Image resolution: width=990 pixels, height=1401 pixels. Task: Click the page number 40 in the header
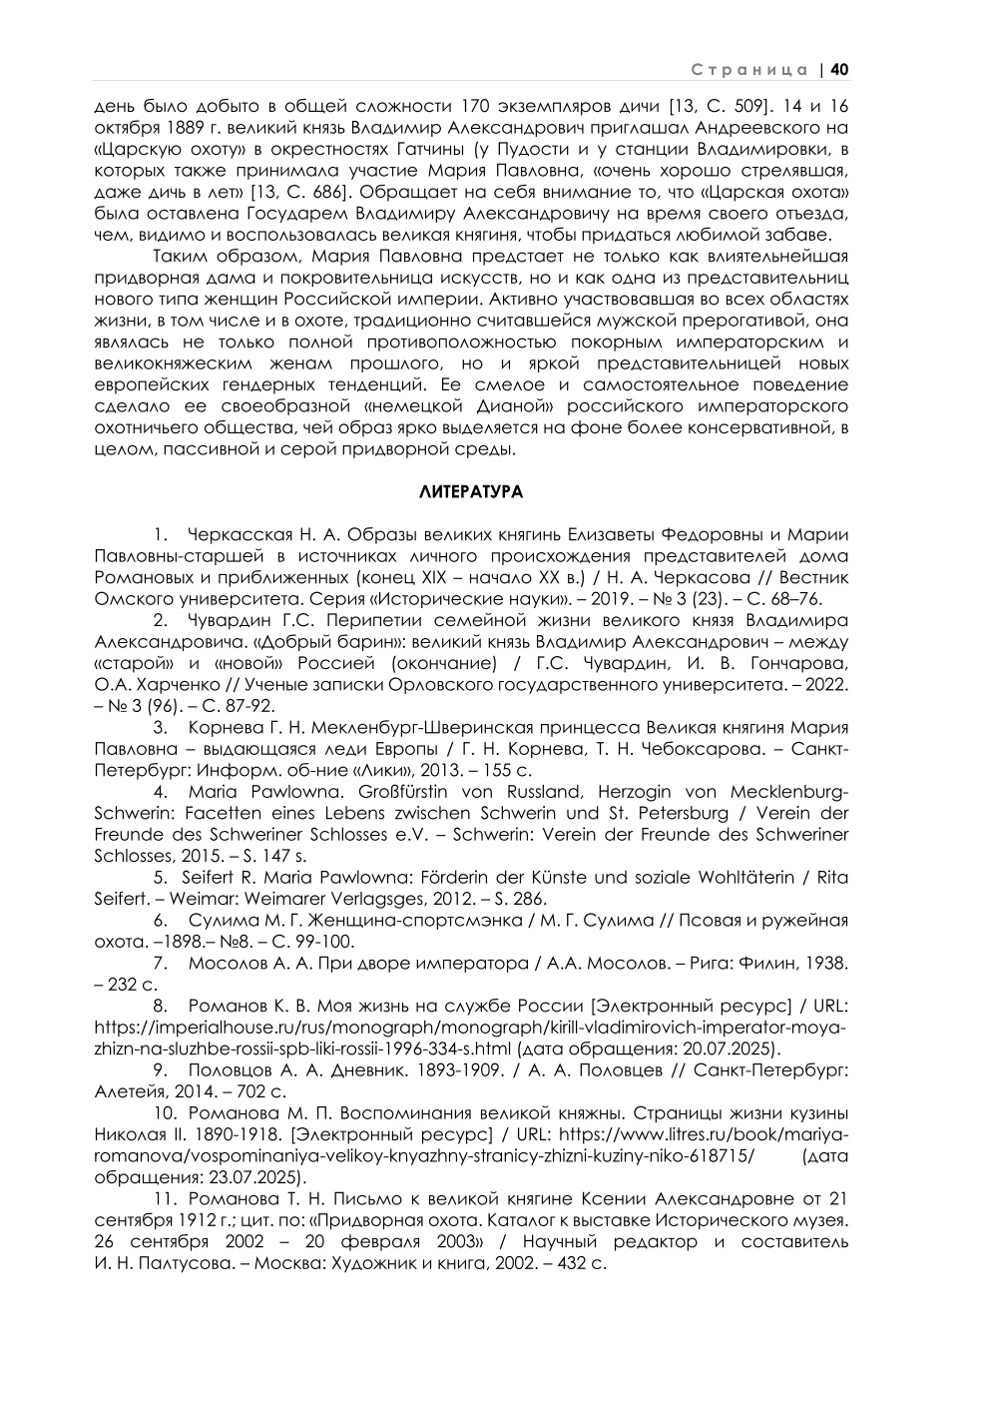tap(838, 70)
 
